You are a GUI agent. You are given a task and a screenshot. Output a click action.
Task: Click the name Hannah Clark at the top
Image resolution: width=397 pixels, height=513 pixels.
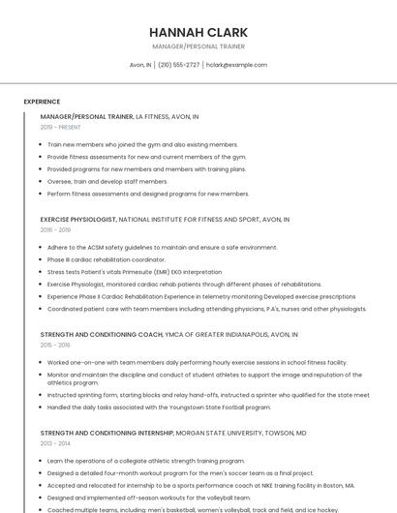(x=198, y=32)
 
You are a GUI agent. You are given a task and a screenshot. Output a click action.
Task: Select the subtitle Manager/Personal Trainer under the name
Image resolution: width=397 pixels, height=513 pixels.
(x=198, y=46)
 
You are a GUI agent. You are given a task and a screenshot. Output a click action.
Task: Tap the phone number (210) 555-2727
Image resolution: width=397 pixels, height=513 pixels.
(x=178, y=65)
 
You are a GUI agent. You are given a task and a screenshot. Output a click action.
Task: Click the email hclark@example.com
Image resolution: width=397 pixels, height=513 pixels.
(x=236, y=65)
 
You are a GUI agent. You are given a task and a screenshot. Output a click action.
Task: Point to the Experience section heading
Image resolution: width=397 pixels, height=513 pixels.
(x=42, y=102)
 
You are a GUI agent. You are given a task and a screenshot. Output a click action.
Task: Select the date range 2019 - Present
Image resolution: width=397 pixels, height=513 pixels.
(x=60, y=127)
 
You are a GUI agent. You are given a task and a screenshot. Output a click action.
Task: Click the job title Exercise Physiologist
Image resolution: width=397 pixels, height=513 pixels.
(x=78, y=220)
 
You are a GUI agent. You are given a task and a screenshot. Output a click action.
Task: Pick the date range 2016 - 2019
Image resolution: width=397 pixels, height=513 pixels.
(x=55, y=230)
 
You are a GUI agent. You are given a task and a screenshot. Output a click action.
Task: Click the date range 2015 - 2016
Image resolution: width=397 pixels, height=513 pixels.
(x=55, y=346)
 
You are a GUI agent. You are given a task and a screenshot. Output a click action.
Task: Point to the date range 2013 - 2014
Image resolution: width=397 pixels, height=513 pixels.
(x=55, y=444)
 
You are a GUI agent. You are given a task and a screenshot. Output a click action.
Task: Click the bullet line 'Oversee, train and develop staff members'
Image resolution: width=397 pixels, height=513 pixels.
(x=107, y=181)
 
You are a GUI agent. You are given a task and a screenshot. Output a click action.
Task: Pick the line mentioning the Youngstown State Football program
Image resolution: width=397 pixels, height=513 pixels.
(x=146, y=407)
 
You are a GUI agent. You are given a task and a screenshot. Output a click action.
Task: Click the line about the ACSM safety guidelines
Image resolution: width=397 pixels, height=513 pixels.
(x=162, y=247)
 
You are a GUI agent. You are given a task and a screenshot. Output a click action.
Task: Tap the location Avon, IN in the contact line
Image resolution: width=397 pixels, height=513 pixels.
(x=140, y=65)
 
